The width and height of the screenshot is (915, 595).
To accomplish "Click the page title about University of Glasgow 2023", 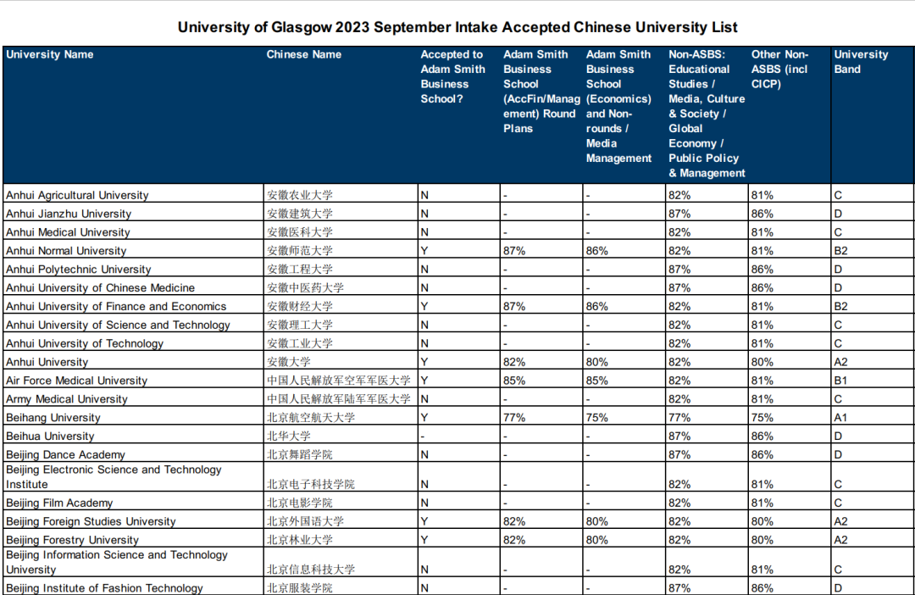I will [457, 27].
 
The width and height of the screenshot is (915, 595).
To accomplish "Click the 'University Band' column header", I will [861, 62].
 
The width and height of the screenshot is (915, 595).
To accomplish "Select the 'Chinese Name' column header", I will [304, 54].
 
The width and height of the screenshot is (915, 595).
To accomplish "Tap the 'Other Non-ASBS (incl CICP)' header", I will [779, 69].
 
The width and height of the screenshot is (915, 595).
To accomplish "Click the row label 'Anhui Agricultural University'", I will [77, 195].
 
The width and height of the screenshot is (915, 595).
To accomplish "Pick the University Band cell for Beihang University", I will [840, 418].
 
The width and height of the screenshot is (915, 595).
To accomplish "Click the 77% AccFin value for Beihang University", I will [514, 418].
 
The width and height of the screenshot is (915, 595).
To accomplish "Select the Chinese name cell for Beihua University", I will [289, 437].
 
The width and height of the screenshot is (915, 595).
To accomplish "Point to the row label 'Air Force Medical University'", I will [76, 381].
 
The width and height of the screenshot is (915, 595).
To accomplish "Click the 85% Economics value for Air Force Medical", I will [597, 381].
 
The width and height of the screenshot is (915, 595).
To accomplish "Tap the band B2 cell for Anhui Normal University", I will [840, 251].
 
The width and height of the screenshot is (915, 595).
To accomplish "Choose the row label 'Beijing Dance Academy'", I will [65, 455].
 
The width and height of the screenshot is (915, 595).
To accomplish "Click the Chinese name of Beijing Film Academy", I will [300, 503].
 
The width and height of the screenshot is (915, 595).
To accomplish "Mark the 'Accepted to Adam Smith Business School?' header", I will [453, 76].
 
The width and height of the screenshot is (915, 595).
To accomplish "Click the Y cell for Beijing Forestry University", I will [424, 540].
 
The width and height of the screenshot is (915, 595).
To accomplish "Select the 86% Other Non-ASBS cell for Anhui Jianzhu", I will [762, 214].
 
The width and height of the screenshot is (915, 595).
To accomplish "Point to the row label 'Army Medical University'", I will [67, 399].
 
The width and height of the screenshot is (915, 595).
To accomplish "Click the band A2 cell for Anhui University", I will [840, 362].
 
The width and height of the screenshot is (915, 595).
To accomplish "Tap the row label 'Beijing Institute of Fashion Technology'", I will [104, 588].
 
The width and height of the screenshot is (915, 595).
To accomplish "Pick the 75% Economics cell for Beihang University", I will [597, 418].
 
